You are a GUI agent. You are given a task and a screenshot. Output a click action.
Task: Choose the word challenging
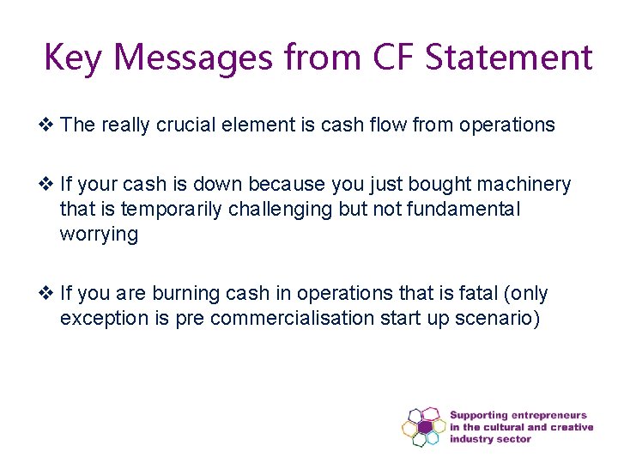coord(265,210)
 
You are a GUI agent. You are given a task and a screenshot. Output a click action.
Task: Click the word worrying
coord(99,235)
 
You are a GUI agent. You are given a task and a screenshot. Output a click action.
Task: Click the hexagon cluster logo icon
coord(424,427)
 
